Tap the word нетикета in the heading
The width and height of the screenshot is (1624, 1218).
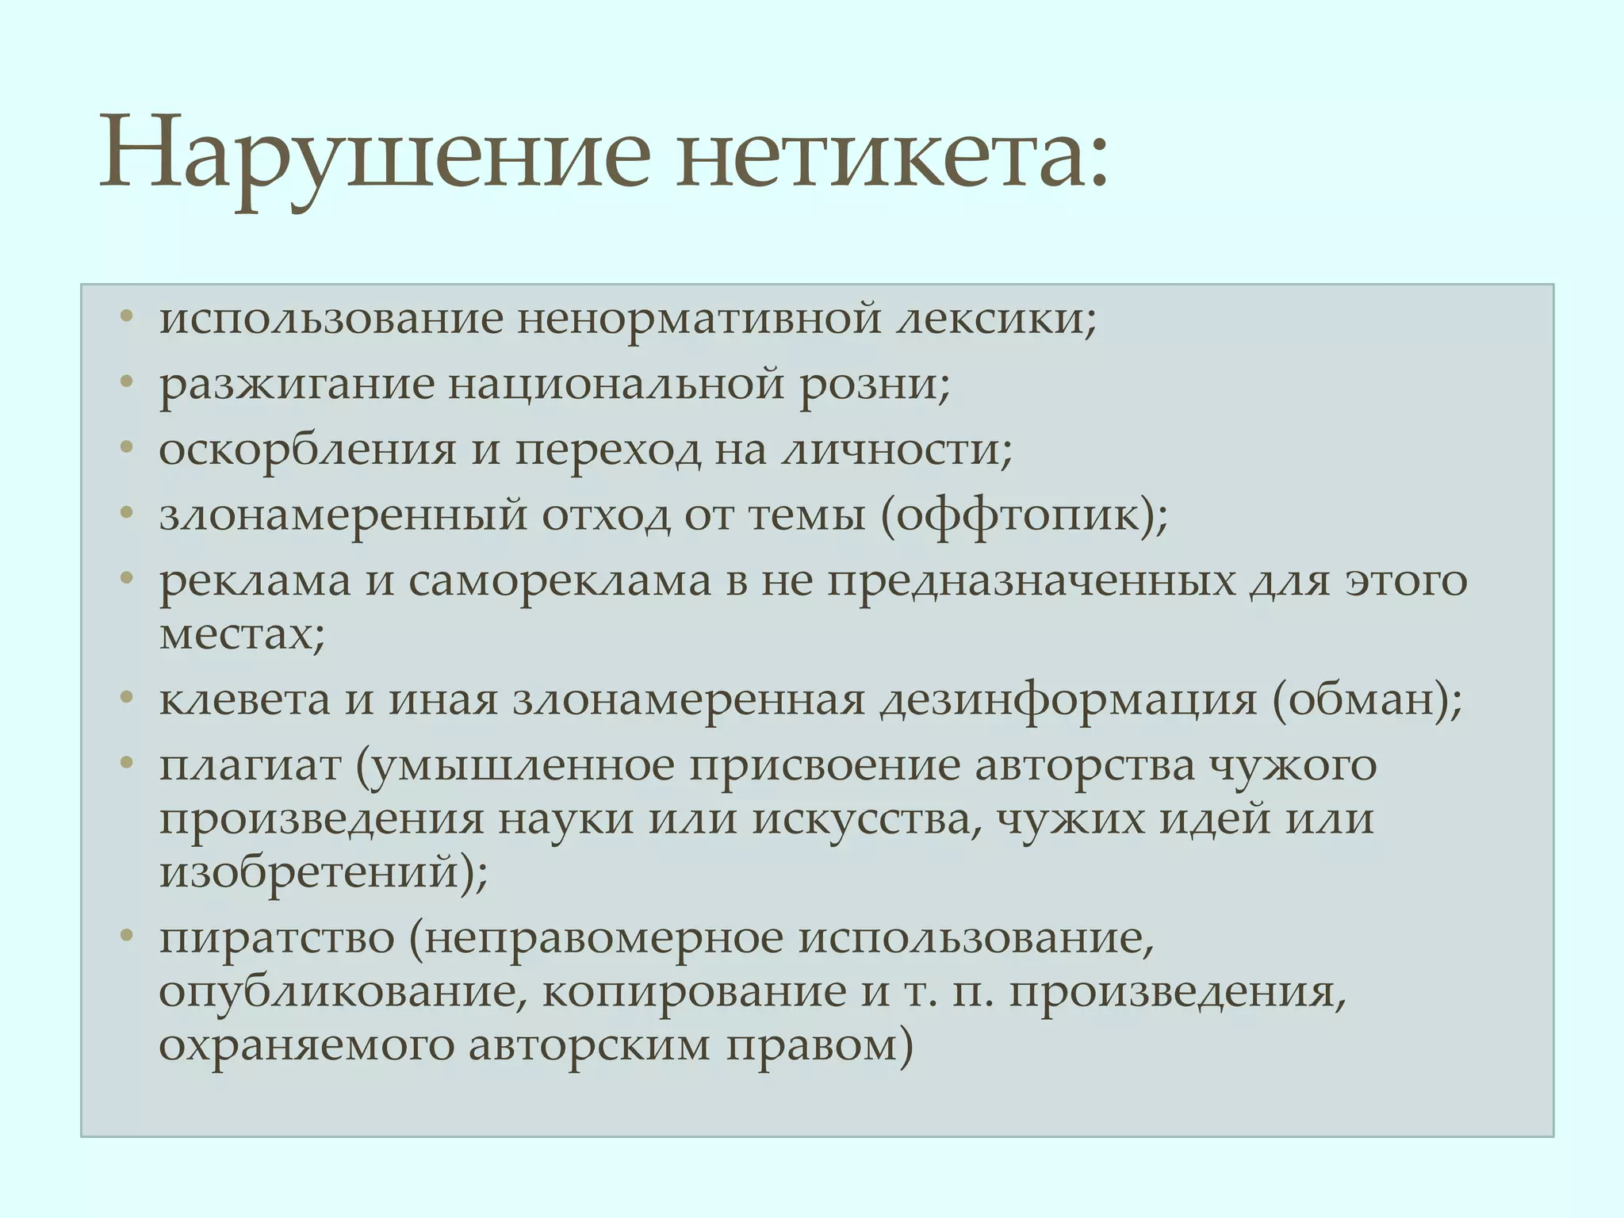(880, 151)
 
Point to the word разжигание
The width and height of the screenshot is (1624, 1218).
(297, 385)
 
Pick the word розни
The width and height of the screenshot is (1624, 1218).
(869, 384)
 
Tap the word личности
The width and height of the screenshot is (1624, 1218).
(891, 450)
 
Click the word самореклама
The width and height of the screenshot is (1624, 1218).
(560, 580)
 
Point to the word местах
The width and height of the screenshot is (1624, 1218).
(237, 634)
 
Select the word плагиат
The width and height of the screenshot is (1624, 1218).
(250, 766)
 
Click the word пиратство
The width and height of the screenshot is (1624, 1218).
(277, 938)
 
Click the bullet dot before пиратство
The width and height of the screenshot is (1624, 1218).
(126, 936)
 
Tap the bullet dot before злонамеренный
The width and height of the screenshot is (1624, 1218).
(126, 514)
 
